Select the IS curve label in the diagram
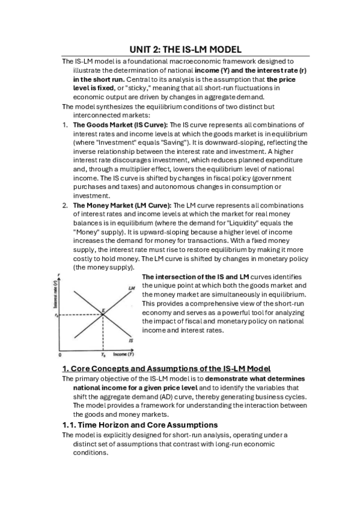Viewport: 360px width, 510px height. pyautogui.click(x=130, y=340)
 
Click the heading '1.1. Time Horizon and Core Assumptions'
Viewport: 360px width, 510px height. pyautogui.click(x=140, y=425)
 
